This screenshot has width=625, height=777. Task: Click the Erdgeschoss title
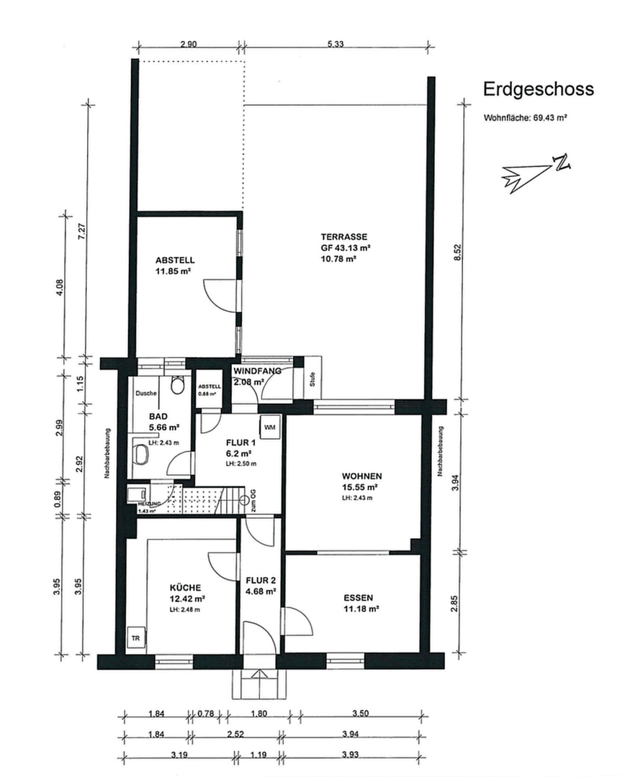(x=538, y=89)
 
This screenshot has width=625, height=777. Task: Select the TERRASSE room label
(x=345, y=236)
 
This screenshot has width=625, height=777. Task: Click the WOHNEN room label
(x=361, y=476)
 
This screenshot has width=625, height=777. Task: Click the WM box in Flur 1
(x=270, y=427)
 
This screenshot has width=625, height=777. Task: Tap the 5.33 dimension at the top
(x=336, y=44)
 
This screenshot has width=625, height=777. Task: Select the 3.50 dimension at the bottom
(x=361, y=714)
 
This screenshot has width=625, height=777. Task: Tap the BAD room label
(x=158, y=417)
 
